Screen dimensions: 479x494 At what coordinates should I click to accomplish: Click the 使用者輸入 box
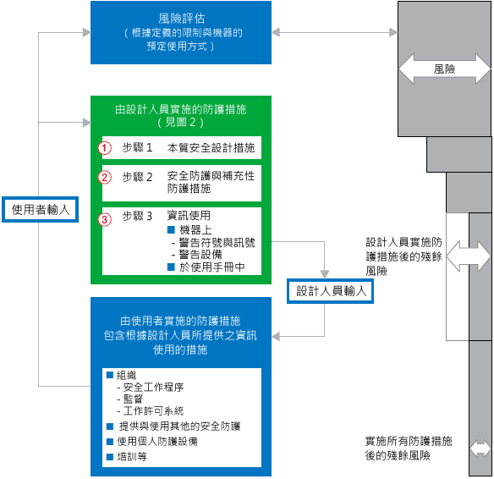tap(41, 208)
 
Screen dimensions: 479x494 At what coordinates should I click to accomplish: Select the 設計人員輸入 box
tap(330, 290)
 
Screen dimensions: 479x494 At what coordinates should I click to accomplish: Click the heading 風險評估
tap(181, 17)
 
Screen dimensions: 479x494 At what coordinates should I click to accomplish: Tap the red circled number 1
tap(105, 147)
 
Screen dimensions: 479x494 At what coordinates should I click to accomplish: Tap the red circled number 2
tap(105, 177)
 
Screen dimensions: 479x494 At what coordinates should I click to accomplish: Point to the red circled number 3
tap(105, 219)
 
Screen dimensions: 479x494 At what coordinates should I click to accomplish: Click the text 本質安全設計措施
tap(211, 147)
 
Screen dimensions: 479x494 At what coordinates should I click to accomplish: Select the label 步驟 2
tap(137, 177)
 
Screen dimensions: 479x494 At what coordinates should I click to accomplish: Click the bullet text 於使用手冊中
tap(211, 267)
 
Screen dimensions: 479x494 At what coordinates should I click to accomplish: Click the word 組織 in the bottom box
tap(126, 375)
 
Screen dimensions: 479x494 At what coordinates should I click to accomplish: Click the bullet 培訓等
tap(131, 456)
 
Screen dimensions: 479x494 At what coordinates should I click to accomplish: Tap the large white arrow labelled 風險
tap(445, 69)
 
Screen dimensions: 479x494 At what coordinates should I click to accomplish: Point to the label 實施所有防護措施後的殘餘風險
tap(408, 449)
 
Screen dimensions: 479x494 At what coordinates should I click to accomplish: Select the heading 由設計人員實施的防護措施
tap(181, 109)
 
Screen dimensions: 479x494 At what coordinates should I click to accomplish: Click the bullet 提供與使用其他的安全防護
tap(178, 426)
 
